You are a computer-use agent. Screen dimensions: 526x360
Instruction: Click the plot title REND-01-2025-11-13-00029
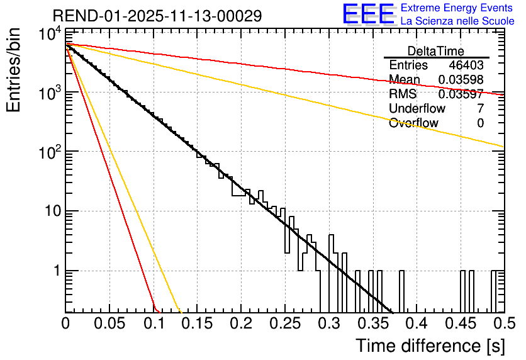click(157, 16)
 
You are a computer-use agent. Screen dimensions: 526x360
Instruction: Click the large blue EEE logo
click(369, 14)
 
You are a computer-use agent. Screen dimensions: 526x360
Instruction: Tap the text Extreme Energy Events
click(457, 8)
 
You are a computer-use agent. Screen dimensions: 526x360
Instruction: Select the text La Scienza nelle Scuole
click(457, 21)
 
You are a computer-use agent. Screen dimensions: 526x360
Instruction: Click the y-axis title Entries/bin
click(13, 70)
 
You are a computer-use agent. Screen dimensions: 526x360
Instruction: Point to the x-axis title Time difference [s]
click(430, 346)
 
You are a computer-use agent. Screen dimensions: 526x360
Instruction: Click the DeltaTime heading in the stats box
click(435, 51)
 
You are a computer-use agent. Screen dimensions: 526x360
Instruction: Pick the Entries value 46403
click(466, 65)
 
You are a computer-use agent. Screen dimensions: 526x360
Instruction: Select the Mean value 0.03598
click(461, 79)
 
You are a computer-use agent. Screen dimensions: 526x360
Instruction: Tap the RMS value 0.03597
click(461, 94)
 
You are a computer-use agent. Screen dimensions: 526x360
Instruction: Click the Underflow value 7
click(481, 108)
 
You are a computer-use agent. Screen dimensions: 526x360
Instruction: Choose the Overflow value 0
click(481, 123)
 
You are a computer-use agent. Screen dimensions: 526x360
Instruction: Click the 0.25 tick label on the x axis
click(285, 323)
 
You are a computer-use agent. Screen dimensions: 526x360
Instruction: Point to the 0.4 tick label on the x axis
click(417, 323)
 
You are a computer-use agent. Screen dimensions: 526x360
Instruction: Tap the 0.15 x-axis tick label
click(198, 323)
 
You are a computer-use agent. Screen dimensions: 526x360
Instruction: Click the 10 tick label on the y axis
click(53, 211)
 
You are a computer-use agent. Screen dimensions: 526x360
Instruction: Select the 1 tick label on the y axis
click(57, 271)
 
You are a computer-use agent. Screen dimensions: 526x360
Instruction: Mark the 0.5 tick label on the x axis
click(505, 323)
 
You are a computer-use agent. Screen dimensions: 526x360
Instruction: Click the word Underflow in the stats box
click(417, 108)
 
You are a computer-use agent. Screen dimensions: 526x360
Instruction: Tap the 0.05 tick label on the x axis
click(109, 323)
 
